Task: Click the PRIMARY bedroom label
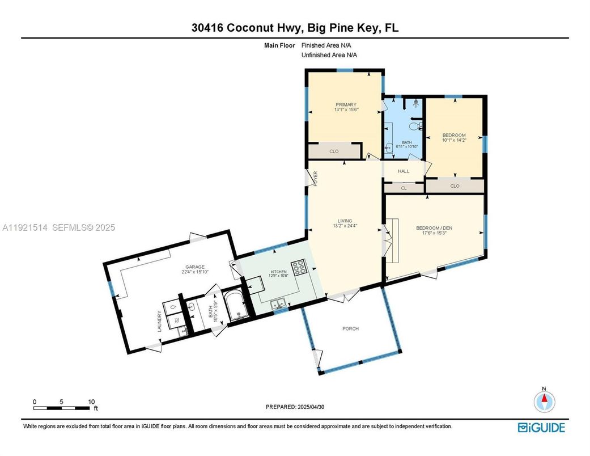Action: tap(346, 105)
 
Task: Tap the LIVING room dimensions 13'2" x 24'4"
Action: tap(345, 226)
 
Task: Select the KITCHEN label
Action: tap(278, 272)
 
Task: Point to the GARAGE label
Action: tap(194, 267)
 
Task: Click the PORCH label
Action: tap(350, 329)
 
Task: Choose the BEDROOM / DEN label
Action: tap(434, 228)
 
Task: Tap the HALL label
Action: tap(404, 171)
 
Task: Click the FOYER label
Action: tap(316, 178)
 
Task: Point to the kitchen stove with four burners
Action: tap(298, 267)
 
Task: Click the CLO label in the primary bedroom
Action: tap(334, 151)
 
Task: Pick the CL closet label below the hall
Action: tap(404, 188)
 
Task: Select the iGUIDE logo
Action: tap(542, 428)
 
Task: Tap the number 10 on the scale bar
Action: tap(91, 402)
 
